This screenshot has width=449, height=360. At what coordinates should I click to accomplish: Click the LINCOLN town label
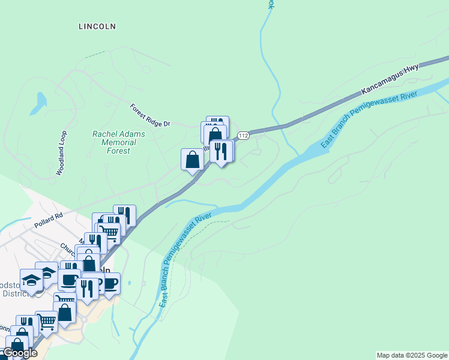coord(97,26)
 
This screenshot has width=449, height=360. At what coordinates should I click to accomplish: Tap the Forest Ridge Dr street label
coord(150,115)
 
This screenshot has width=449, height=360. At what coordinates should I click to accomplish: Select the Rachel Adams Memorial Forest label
coord(114,142)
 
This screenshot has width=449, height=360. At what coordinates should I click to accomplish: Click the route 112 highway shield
coord(243,136)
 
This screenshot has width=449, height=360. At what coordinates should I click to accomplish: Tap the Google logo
coord(20,353)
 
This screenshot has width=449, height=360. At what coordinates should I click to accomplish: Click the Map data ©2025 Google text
coord(412,355)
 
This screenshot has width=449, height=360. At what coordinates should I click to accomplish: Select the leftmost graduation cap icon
coord(31,280)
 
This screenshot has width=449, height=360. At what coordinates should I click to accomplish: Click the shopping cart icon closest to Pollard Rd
coord(109,232)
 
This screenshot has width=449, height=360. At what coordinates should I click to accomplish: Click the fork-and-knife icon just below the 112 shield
coord(221,151)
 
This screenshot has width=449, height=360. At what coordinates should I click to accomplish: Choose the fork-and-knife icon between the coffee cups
coord(87,289)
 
